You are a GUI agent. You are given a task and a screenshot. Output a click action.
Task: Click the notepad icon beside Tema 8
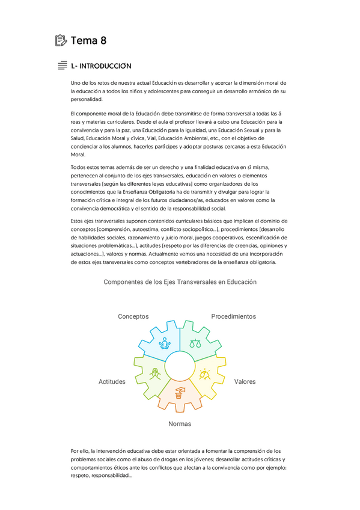coord(60,41)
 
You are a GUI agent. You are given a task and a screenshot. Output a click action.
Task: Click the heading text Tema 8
coord(89,41)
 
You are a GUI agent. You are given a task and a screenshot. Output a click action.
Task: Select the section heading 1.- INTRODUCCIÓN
coord(100,66)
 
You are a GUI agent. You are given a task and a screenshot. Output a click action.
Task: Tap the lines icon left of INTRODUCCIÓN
coord(62,66)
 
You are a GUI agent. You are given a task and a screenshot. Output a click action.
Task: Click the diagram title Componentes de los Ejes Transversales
coord(180,281)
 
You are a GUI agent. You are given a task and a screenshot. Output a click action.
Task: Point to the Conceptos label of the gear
coord(133,316)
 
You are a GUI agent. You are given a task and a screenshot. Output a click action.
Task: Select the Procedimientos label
coord(233,316)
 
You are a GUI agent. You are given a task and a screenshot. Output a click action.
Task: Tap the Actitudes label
coord(112,382)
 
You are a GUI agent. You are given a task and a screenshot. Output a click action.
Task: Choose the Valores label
coord(245,382)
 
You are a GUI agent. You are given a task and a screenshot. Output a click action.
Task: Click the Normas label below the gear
coord(180,424)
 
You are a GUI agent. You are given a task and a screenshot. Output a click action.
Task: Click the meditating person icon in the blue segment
coord(164,343)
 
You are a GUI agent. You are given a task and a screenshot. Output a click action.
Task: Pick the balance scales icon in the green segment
coord(195,343)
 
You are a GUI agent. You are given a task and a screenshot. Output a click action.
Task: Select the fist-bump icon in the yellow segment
coord(205,374)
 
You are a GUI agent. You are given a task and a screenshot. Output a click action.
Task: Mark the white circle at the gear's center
coord(180,366)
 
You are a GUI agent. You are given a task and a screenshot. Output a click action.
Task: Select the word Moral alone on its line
coord(79,155)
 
